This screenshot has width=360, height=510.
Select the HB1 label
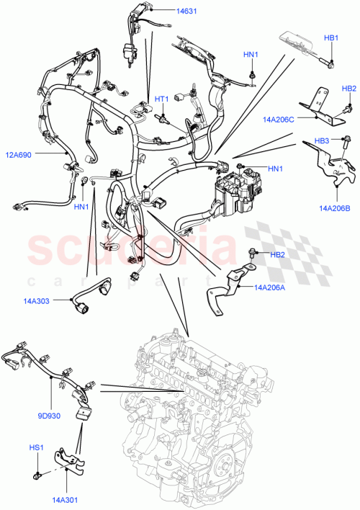click(330, 37)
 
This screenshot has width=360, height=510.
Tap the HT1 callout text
click(161, 99)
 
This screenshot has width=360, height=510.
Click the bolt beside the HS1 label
click(35, 475)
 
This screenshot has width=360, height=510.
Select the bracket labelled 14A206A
click(225, 288)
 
